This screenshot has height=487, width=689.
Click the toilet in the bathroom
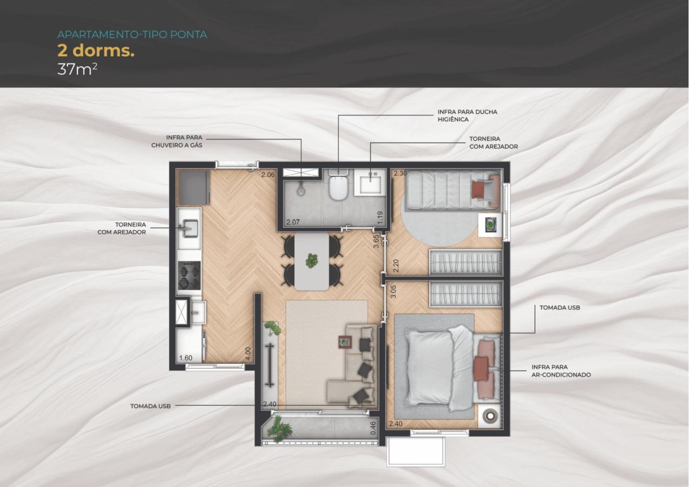pos(338,187)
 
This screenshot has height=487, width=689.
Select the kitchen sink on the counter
pos(189,228)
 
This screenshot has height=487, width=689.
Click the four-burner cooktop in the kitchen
pos(189,275)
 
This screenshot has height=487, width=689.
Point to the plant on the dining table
pos(312,260)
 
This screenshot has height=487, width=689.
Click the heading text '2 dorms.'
pos(96,51)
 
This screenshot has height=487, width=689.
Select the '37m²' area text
pos(77,70)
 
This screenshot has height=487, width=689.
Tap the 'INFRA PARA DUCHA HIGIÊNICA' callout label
pos(467,115)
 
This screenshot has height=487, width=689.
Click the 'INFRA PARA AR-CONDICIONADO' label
pos(561,371)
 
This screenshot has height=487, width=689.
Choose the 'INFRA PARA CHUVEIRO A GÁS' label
pos(176,141)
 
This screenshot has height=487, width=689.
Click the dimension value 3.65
pos(376,241)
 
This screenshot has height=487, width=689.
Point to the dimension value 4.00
pos(248,354)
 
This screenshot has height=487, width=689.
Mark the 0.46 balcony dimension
pos(373,429)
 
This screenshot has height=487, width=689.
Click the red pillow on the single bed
pos(478,190)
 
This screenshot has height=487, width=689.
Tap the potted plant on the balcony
pos(279,429)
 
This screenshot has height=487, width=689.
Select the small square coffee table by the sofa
pos(345,341)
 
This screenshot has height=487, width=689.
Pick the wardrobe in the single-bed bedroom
pos(465,262)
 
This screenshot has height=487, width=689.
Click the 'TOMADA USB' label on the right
pos(560,307)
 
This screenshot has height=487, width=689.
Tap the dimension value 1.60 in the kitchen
pos(186,358)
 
